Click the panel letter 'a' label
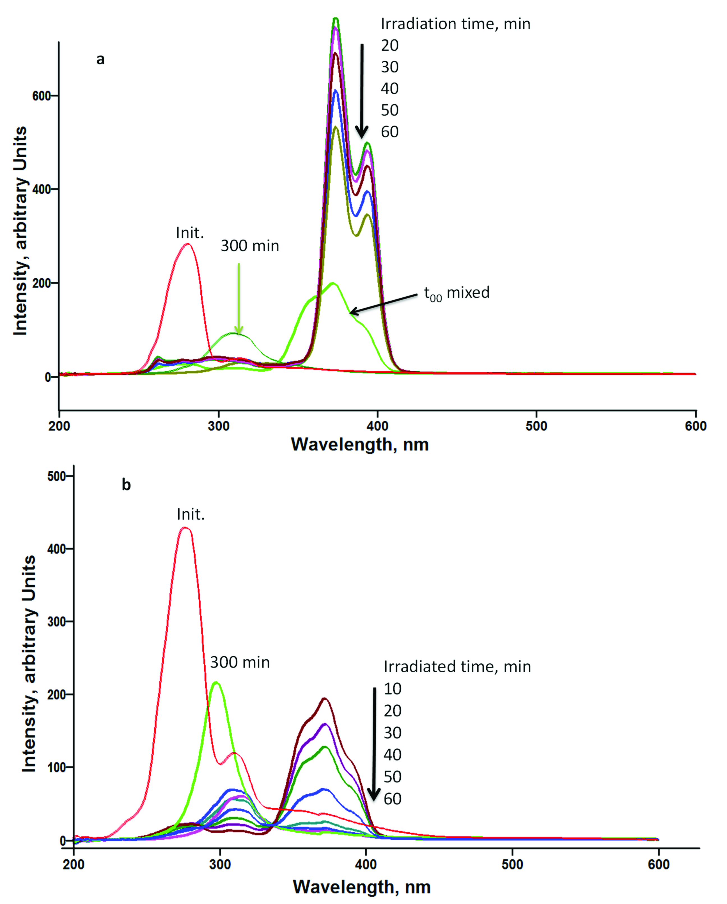tap(100, 60)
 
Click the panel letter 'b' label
tap(126, 485)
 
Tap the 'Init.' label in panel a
tap(190, 233)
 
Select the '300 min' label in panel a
tap(250, 246)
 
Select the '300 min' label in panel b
tap(240, 662)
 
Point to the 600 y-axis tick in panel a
tap(42, 95)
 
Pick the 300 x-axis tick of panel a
tap(218, 426)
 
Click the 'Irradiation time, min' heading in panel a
tap(455, 24)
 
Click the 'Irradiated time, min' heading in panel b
tap(457, 667)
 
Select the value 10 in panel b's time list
tap(393, 689)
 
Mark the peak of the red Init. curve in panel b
tap(185, 528)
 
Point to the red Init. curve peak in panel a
tap(188, 244)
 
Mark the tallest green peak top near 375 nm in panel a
tap(336, 19)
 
